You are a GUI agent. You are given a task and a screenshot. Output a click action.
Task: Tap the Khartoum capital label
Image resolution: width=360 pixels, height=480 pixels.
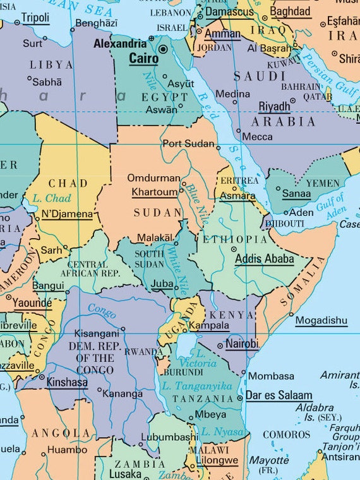(x=155, y=192)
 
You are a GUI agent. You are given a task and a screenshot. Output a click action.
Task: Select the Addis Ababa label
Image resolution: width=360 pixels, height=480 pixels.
(x=264, y=258)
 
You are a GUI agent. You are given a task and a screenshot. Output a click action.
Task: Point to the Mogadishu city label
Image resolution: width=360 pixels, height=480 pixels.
(x=321, y=320)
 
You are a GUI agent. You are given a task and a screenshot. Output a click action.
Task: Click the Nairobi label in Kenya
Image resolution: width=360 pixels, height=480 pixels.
(x=242, y=344)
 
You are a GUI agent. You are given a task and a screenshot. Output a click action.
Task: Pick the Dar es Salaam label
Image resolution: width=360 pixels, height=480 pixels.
(x=279, y=395)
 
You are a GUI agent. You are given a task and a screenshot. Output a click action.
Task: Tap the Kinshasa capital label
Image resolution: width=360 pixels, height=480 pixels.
(x=66, y=382)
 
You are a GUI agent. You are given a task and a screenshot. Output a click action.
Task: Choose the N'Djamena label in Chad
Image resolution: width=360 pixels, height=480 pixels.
(x=67, y=214)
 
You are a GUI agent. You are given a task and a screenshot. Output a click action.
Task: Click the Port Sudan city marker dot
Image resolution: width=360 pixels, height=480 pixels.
(x=218, y=147)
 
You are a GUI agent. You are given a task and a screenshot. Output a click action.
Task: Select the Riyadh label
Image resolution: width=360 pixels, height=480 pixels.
(x=274, y=106)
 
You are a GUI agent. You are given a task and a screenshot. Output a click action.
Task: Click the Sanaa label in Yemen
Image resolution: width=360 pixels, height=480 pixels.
(x=296, y=194)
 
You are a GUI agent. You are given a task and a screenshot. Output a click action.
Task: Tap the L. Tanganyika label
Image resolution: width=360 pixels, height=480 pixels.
(x=196, y=385)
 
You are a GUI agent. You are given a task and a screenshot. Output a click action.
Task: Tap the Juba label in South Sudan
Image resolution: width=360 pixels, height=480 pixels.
(x=162, y=284)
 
